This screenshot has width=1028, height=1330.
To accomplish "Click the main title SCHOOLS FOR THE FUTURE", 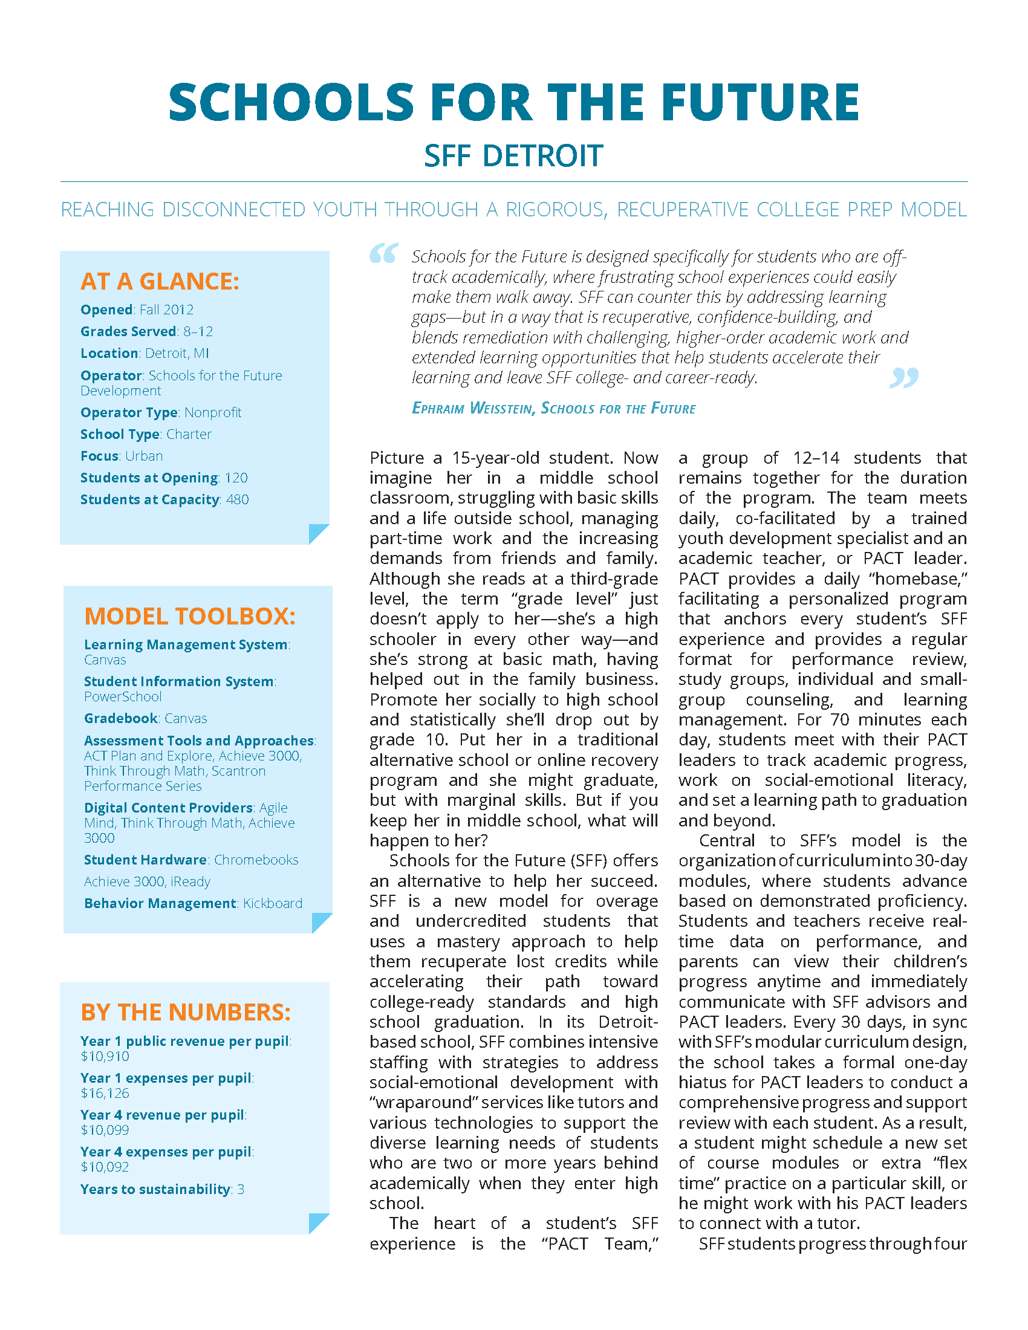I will click(x=513, y=102).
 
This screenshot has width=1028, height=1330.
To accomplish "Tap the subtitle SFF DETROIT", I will click(x=513, y=156).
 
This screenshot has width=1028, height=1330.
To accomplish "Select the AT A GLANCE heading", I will click(x=160, y=281).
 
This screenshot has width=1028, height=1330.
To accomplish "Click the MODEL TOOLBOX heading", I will click(x=189, y=616).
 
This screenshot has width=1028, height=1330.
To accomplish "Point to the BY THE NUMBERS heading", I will click(x=186, y=1012).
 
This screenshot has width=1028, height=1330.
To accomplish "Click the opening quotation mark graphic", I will click(x=384, y=253).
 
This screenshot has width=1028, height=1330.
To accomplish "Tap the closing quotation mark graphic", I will click(x=904, y=378).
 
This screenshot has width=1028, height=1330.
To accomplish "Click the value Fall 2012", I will click(x=166, y=310).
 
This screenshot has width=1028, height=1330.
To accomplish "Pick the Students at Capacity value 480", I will click(x=238, y=500).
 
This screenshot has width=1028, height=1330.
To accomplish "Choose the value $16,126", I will click(x=105, y=1093).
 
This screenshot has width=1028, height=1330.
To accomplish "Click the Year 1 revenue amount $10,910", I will click(x=105, y=1057).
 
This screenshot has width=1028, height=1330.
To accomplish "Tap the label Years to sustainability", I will click(x=155, y=1189).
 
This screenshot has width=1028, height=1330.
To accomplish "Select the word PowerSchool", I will click(x=123, y=696).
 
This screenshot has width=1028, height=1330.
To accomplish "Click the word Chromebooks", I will click(x=256, y=860).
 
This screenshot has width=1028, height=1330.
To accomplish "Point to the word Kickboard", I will click(x=273, y=903).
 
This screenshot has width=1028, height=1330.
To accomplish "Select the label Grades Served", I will click(x=128, y=332).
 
